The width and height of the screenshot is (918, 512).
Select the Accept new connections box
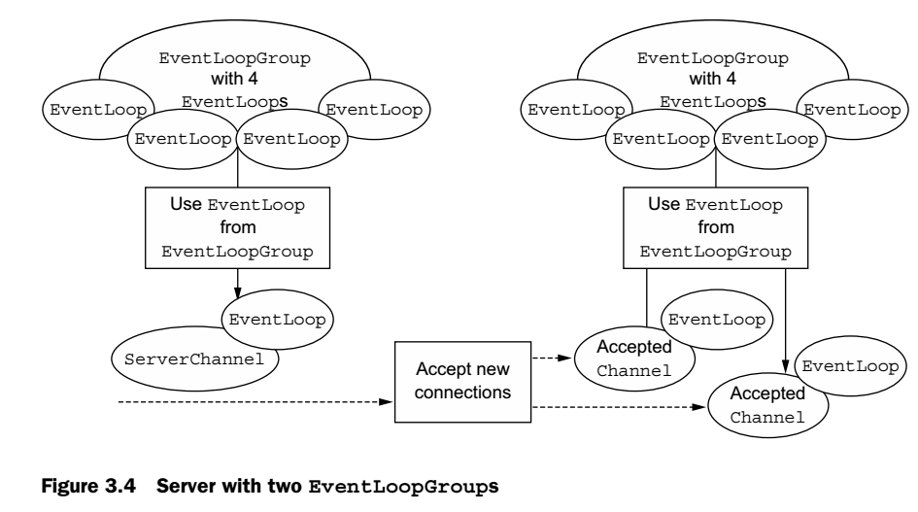click(461, 381)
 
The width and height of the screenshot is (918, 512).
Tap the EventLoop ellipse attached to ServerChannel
click(278, 318)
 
